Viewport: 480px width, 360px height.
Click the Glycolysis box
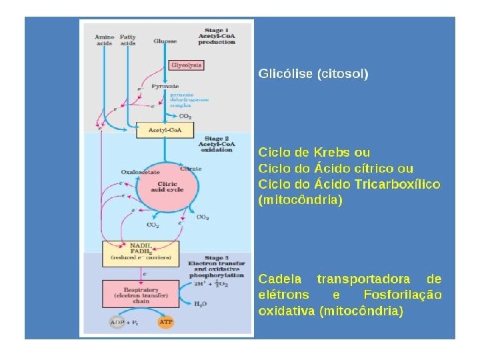point(186,65)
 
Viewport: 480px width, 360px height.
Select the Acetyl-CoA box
point(165,130)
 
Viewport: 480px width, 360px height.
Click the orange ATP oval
point(166,323)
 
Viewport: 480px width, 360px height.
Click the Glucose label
point(165,41)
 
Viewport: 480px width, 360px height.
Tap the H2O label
point(200,304)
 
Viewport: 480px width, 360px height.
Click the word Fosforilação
point(403,295)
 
